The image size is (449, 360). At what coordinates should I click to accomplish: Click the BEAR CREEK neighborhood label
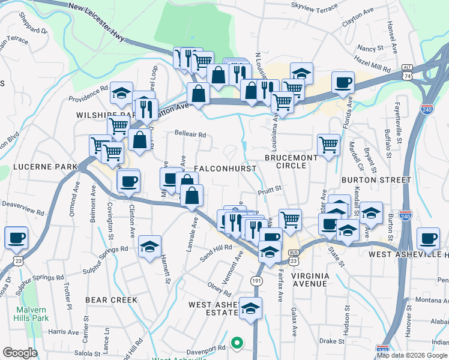click(111, 299)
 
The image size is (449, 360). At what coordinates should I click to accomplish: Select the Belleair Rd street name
click(190, 134)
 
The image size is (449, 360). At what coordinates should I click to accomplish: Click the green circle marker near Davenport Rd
click(237, 344)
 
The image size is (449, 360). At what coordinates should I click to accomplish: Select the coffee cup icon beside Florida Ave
click(343, 82)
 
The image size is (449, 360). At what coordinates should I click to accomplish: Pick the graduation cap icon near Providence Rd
click(121, 92)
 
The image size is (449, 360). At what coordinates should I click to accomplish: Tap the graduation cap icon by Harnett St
click(149, 246)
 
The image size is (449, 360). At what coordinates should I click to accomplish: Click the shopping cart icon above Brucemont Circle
click(328, 144)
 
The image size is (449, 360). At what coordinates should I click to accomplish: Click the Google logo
click(20, 353)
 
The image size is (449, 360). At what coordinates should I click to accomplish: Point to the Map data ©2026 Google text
click(411, 355)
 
